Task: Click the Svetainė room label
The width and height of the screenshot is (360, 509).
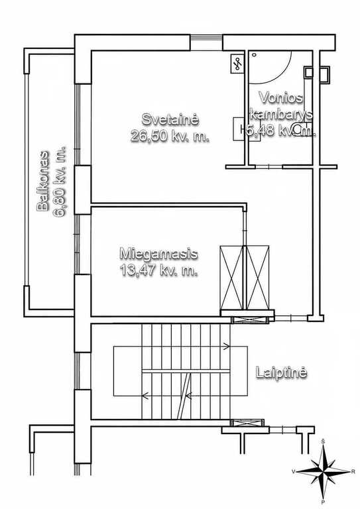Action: click(x=170, y=119)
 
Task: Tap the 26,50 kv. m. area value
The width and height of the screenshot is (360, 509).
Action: click(x=170, y=136)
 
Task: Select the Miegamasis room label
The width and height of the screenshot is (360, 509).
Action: click(x=158, y=253)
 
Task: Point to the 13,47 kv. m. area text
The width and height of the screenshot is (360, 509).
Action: click(x=158, y=270)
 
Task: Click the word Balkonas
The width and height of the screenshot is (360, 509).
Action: click(x=43, y=181)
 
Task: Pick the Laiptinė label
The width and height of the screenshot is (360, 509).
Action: click(x=282, y=372)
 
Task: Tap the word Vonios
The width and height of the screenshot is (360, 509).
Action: click(x=281, y=97)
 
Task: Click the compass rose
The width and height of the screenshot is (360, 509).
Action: click(x=324, y=471)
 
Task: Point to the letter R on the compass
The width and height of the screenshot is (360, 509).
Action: click(x=353, y=472)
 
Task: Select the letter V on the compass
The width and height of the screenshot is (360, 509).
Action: click(x=294, y=472)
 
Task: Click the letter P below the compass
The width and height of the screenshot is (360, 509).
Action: click(x=323, y=503)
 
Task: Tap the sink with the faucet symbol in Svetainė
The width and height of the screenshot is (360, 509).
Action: click(x=237, y=64)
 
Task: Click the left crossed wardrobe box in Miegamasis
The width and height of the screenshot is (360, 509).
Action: click(x=231, y=278)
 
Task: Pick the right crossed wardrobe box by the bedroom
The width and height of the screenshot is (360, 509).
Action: click(x=258, y=278)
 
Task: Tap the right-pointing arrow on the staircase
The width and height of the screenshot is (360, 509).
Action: click(x=226, y=347)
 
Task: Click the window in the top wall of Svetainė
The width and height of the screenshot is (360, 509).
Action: click(x=206, y=42)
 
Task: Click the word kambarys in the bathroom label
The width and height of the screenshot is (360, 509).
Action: click(x=281, y=114)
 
